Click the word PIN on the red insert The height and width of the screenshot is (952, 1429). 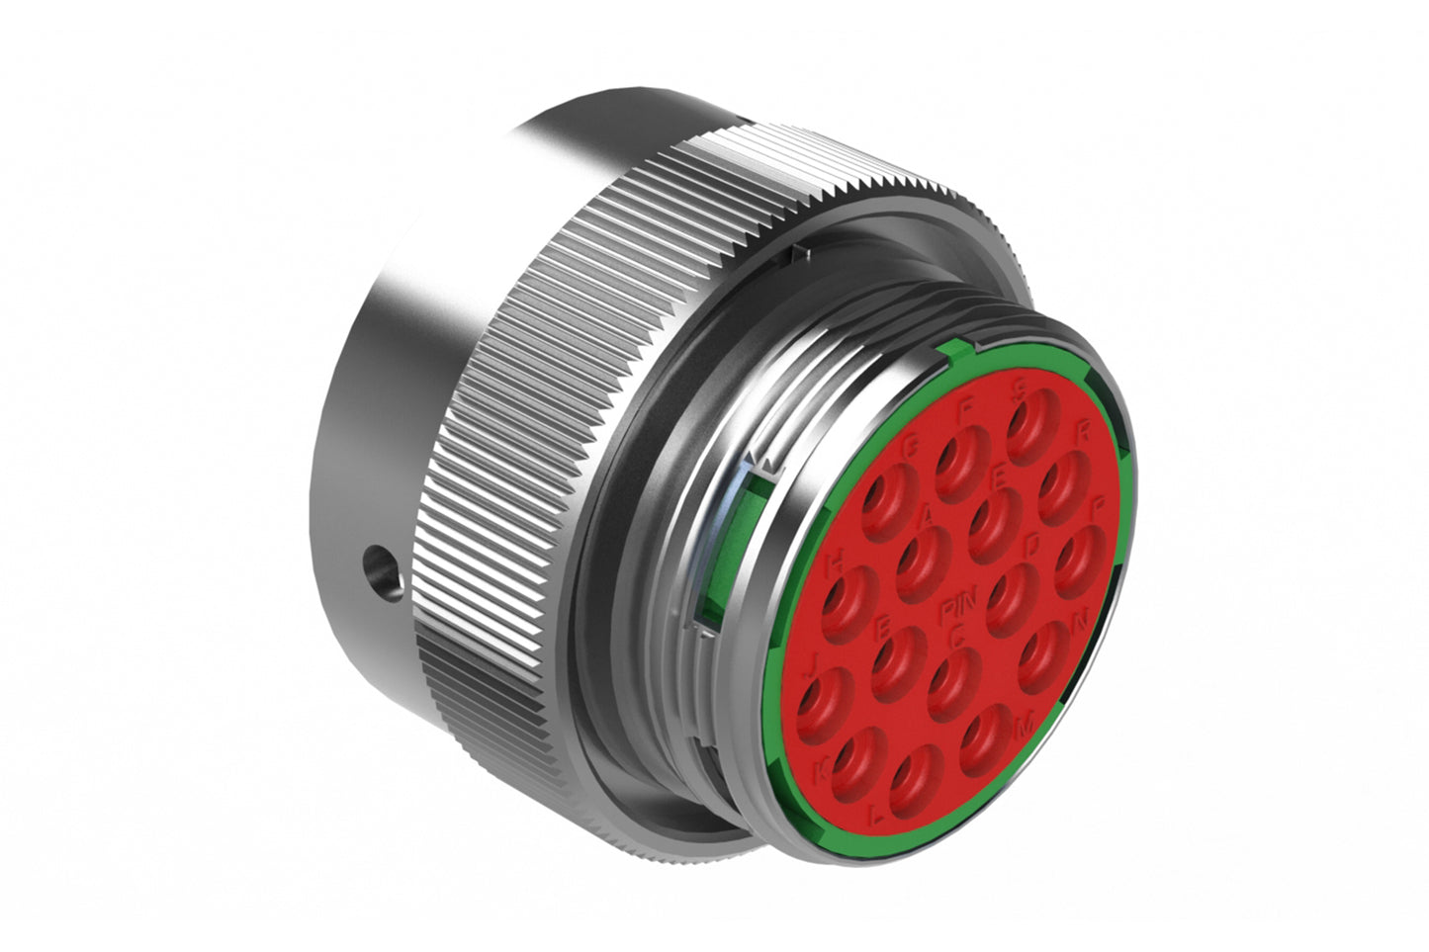(x=957, y=605)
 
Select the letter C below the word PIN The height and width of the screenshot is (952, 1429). (x=955, y=637)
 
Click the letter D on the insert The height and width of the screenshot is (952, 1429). (x=1033, y=544)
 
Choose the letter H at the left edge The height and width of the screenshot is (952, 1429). (x=836, y=562)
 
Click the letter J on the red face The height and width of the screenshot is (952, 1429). (x=811, y=659)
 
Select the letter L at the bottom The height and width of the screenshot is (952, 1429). (x=874, y=816)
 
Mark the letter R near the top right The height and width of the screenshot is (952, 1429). (x=1082, y=430)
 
